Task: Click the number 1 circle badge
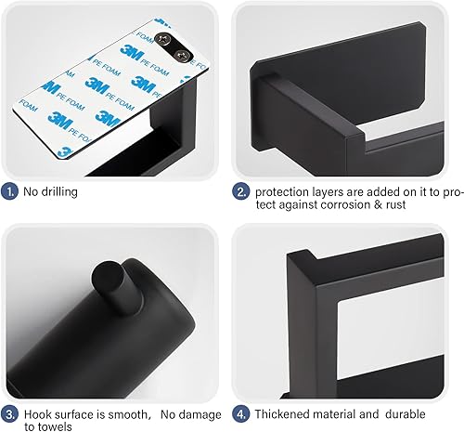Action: click(9, 191)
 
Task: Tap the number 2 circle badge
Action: click(241, 191)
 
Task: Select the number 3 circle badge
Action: click(9, 414)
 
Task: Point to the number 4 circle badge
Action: click(241, 414)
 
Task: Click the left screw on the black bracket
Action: click(162, 39)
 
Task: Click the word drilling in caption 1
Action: click(59, 192)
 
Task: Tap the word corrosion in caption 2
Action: click(346, 204)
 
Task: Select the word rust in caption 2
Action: click(395, 204)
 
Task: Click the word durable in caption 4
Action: click(406, 414)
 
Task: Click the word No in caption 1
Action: click(31, 191)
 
